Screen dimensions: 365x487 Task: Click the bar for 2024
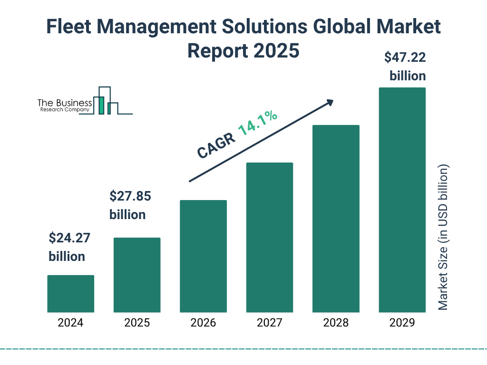coord(70,294)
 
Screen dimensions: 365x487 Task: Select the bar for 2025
coord(137,275)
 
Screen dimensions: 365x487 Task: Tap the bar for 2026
coord(203,256)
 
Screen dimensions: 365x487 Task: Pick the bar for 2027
coord(269,237)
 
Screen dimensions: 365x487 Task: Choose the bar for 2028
coord(336,219)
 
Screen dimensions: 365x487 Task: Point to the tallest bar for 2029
coord(402,200)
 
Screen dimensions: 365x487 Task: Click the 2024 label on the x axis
coord(70,323)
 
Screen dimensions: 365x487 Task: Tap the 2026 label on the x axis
coord(203,323)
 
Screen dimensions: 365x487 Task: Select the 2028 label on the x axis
coord(336,323)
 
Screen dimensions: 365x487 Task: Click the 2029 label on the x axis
coord(402,323)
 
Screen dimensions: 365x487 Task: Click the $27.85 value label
coord(127,196)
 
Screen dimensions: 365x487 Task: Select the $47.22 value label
coord(405,58)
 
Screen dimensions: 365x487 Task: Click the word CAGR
coord(214,145)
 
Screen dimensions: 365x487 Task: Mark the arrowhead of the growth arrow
coord(330,102)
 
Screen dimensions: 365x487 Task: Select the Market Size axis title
coord(443,238)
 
